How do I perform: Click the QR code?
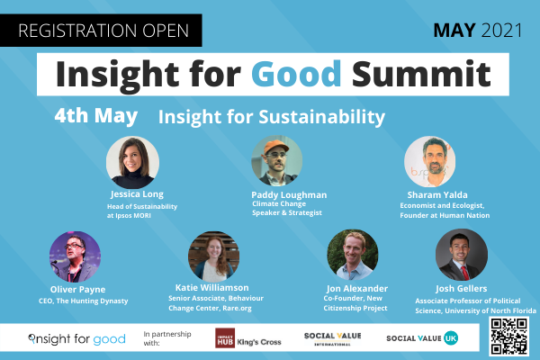509,337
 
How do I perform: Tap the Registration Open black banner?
101,31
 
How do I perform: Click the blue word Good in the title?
296,74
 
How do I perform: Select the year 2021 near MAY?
502,31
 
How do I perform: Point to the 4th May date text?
96,116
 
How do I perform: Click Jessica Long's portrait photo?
132,162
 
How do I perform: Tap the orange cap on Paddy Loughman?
276,147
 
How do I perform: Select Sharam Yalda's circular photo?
430,161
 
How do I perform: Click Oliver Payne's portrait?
75,256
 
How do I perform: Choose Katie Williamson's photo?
213,256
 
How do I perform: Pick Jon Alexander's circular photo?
352,255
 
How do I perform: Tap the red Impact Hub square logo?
225,337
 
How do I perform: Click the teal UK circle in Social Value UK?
451,338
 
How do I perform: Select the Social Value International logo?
333,339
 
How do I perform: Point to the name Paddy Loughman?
289,195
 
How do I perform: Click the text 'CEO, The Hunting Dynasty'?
84,301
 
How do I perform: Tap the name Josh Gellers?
461,288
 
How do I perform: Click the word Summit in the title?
421,74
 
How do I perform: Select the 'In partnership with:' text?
167,338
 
